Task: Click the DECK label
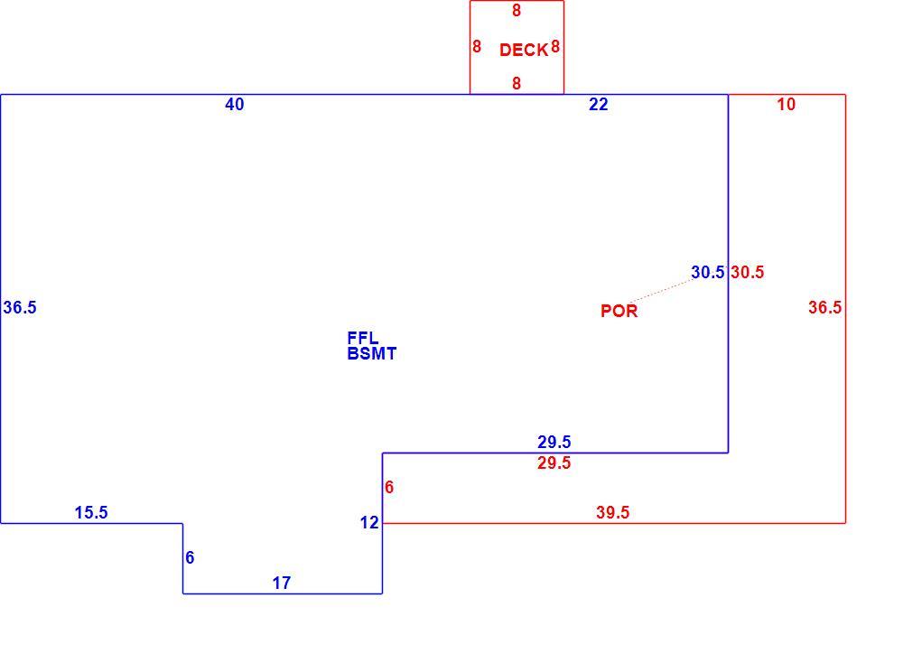click(x=524, y=50)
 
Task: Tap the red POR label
click(x=619, y=311)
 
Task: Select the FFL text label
click(x=363, y=338)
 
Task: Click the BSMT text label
click(x=372, y=354)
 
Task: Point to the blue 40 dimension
click(x=235, y=104)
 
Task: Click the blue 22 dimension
click(x=599, y=104)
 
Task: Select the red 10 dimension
click(x=787, y=104)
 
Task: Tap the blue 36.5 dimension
click(x=20, y=308)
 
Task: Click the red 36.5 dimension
click(x=824, y=308)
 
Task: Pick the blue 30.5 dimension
click(x=708, y=272)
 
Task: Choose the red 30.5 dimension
click(x=748, y=272)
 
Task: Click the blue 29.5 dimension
click(x=554, y=442)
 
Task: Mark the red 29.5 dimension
click(x=554, y=462)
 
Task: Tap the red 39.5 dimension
click(x=613, y=512)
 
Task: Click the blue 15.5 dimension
click(x=91, y=512)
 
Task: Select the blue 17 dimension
click(x=282, y=584)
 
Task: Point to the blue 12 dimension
click(x=369, y=523)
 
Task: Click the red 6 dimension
click(x=389, y=488)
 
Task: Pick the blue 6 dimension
click(x=190, y=557)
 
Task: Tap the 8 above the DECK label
click(x=517, y=10)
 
